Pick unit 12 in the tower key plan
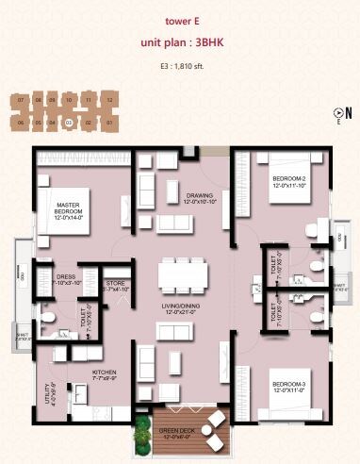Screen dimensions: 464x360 click(x=109, y=99)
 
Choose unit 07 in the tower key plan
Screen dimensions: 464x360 click(x=20, y=99)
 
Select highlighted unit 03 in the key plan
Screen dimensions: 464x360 click(x=69, y=122)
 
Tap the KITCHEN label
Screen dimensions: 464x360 click(x=105, y=373)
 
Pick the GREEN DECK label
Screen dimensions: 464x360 click(x=171, y=433)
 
